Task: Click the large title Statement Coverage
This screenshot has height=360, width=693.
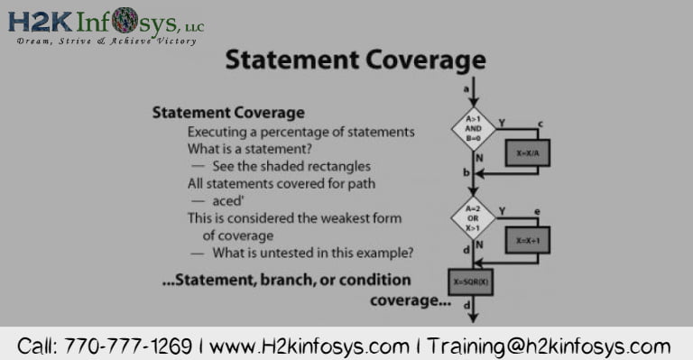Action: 355,60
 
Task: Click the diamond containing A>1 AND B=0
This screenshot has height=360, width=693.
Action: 474,127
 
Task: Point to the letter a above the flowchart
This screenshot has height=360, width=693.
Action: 466,88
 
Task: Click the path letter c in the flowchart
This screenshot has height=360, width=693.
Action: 539,124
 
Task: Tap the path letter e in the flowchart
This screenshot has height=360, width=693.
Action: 537,212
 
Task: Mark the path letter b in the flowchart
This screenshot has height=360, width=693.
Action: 466,171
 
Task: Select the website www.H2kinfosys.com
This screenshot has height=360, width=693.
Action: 309,346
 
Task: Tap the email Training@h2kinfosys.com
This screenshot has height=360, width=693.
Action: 550,346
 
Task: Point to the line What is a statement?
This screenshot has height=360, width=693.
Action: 249,149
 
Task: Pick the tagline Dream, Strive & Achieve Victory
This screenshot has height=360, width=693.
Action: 106,42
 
